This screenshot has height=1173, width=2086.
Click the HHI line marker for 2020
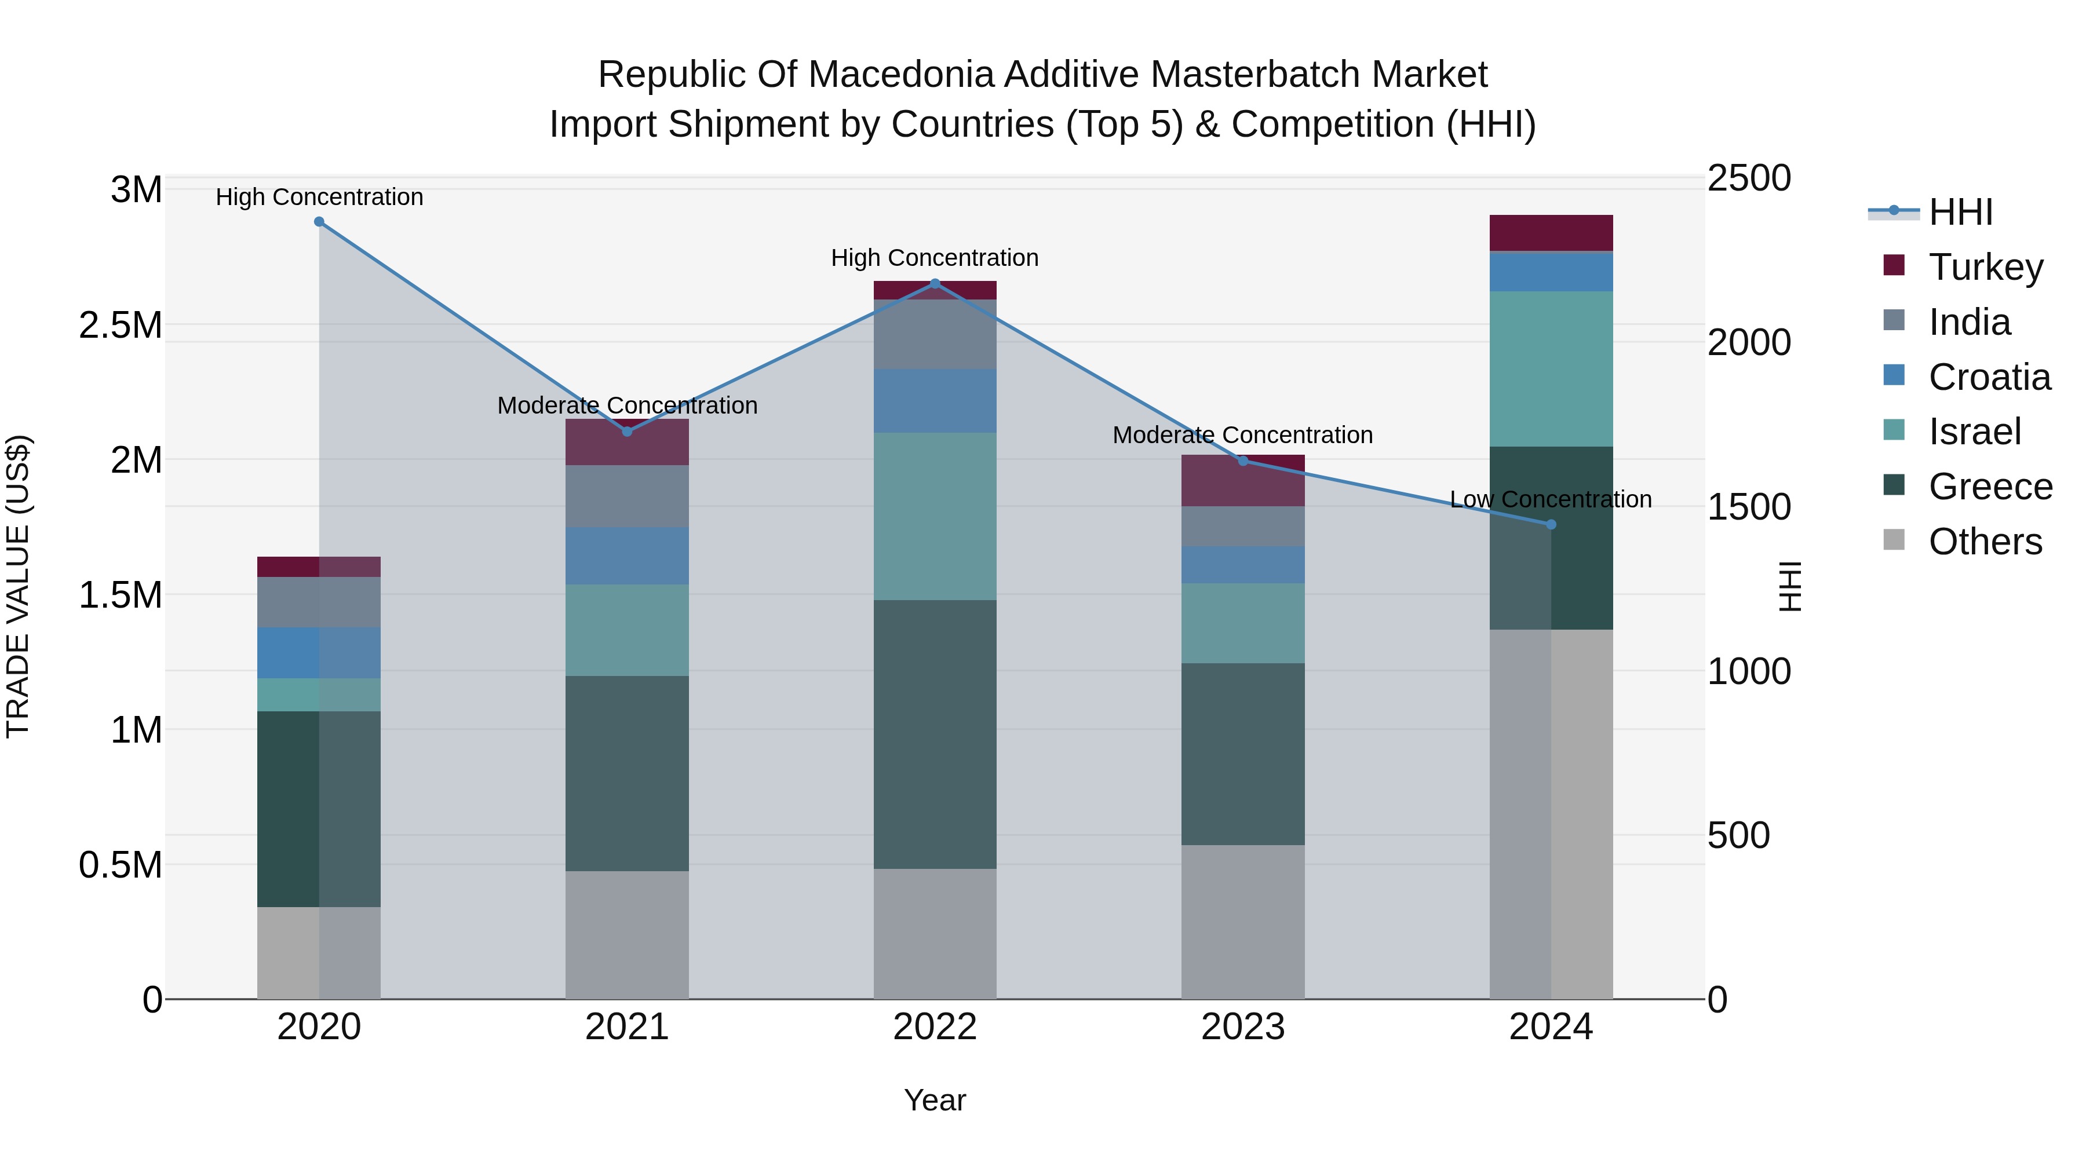(319, 222)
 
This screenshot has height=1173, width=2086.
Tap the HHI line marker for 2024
(1551, 525)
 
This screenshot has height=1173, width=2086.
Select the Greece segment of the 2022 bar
(935, 735)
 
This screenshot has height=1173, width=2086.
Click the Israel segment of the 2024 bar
(1551, 369)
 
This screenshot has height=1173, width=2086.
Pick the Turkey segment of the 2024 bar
(1551, 233)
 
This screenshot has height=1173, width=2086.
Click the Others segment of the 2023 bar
(1243, 922)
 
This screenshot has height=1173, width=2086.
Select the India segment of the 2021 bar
(627, 496)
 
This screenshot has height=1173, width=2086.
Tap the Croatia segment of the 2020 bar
(319, 652)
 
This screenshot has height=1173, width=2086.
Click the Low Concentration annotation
(1550, 499)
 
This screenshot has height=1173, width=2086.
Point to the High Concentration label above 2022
(935, 258)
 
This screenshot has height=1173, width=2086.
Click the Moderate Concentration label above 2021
(627, 405)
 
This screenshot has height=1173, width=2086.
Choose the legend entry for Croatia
(1989, 377)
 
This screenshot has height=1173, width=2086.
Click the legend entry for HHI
(1960, 212)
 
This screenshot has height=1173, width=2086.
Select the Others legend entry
(1984, 542)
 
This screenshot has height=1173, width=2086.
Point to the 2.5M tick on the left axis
(120, 326)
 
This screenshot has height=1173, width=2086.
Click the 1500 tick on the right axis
(1749, 507)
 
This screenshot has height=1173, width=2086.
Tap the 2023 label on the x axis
(1243, 1027)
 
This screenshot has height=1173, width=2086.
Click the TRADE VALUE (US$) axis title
(18, 586)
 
